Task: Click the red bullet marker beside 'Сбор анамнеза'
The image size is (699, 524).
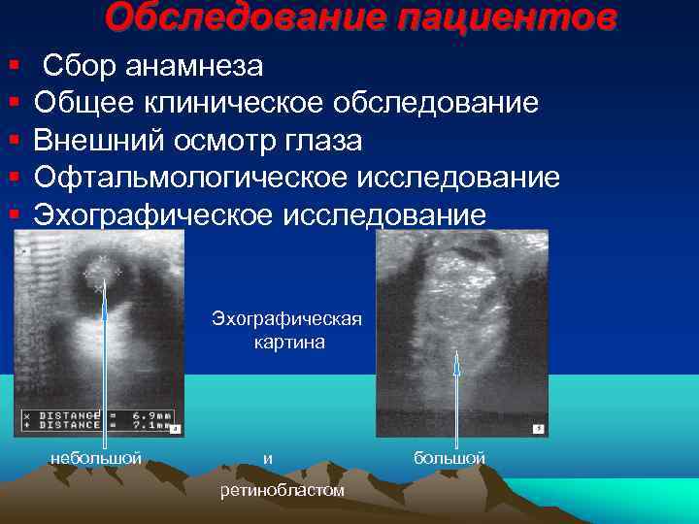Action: click(x=13, y=66)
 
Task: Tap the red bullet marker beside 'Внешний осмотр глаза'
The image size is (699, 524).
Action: click(x=13, y=141)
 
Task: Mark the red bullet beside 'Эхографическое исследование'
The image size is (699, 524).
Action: click(x=13, y=214)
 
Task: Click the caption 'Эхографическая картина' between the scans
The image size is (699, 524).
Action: click(x=281, y=331)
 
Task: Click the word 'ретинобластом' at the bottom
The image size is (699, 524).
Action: click(x=282, y=490)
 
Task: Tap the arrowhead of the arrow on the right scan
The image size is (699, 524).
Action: click(x=457, y=356)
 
